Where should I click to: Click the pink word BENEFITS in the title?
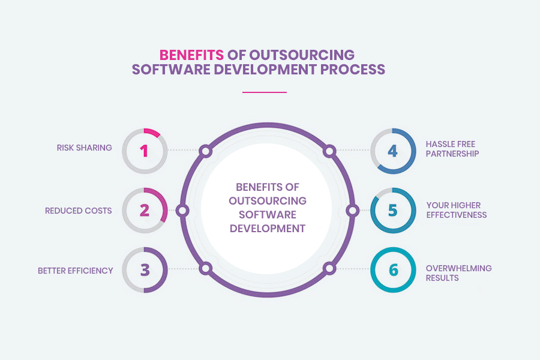pos(191,55)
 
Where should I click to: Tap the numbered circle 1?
pos(145,151)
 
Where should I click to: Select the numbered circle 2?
pos(145,211)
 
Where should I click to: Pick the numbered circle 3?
pos(145,270)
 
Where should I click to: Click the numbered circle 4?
pos(392,151)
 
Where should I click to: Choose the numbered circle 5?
pos(392,211)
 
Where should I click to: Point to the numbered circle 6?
pos(392,270)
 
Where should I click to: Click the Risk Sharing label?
pos(84,148)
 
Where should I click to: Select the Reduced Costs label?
pos(78,211)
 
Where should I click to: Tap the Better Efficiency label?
pos(75,271)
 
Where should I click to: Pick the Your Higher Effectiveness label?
pos(456,210)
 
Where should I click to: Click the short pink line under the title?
pos(265,92)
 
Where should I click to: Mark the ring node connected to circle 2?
pos(184,211)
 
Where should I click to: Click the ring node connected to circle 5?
pos(353,211)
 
